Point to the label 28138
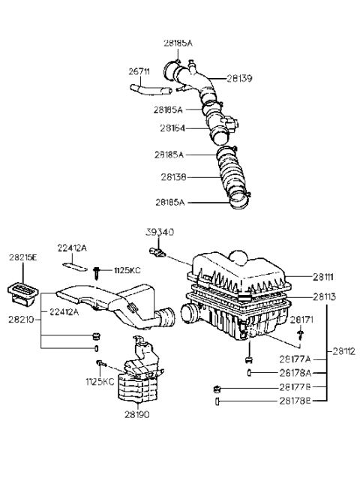tap(172, 178)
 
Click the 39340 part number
tap(159, 233)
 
